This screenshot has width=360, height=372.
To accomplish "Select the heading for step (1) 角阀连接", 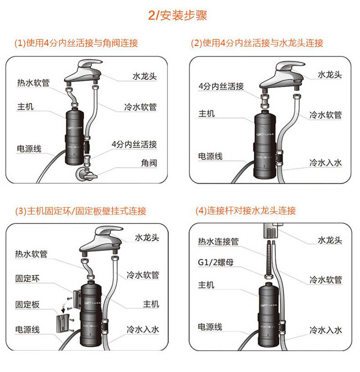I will [x=76, y=43].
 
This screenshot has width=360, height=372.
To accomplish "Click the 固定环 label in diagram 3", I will [x=27, y=280].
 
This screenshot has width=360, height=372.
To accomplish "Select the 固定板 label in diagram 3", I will [x=27, y=305].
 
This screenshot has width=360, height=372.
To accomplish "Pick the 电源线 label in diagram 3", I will [x=27, y=330].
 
